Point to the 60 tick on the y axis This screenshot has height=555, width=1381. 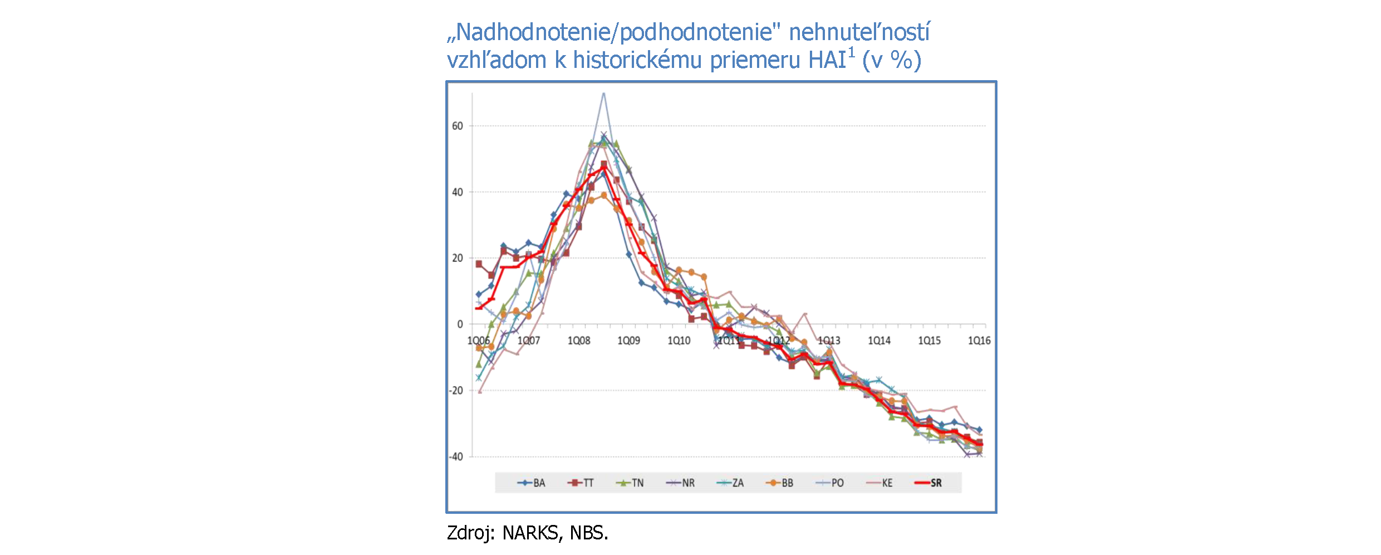pos(457,126)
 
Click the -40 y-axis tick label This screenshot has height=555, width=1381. pos(456,457)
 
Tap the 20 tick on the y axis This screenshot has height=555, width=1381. pos(457,258)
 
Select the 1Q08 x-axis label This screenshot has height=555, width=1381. pos(578,341)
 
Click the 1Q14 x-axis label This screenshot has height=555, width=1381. pos(879,341)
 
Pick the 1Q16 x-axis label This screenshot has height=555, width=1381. pos(979,341)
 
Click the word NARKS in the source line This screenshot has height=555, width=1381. pos(530,533)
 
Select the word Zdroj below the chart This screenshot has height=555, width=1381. pos(470,533)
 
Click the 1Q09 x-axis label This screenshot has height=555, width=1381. pos(628,341)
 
